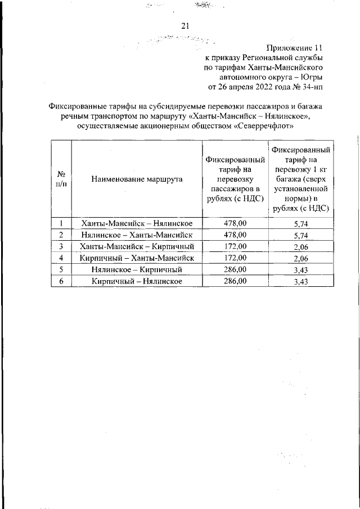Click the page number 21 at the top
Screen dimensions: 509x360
(x=186, y=25)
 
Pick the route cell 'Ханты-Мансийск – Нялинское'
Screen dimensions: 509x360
(x=137, y=223)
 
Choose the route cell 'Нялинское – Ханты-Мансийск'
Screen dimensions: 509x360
(x=137, y=235)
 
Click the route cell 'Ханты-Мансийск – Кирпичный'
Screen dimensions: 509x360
(x=137, y=246)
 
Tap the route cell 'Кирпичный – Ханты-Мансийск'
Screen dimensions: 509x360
(x=137, y=258)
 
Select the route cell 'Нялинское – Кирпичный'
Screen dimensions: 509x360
(x=137, y=269)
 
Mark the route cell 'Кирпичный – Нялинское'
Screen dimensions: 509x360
(x=137, y=281)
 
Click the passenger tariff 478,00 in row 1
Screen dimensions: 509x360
(x=235, y=223)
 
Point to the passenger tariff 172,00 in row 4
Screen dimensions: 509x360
(x=235, y=258)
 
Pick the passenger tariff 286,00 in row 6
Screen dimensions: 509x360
(x=235, y=281)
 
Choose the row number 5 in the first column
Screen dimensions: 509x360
(x=60, y=269)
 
